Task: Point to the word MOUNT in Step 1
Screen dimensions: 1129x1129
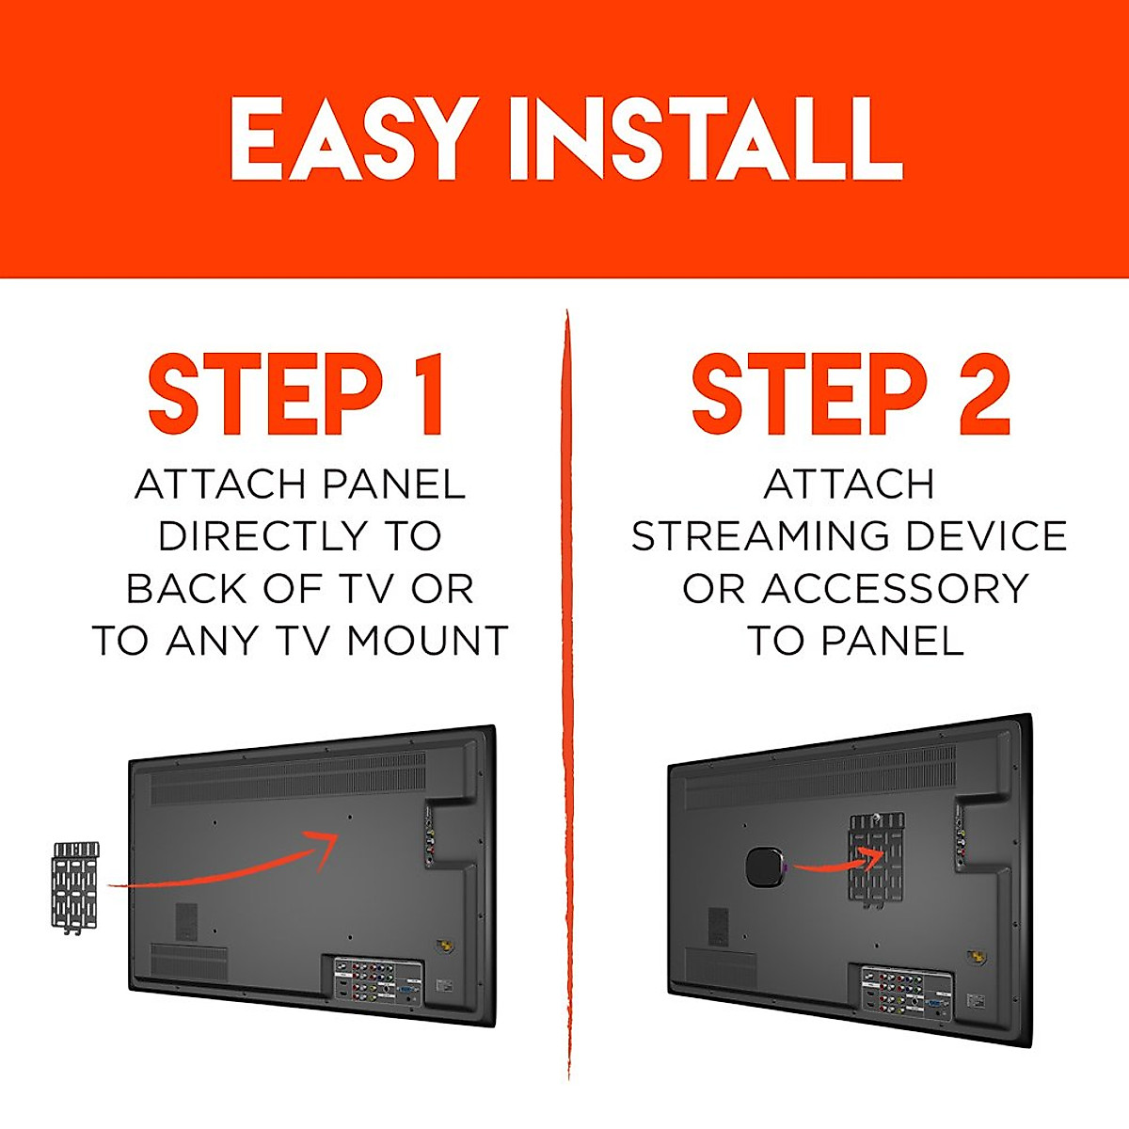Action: click(x=428, y=642)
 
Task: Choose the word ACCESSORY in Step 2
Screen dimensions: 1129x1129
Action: click(x=896, y=589)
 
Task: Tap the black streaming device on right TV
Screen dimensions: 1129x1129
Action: click(x=764, y=867)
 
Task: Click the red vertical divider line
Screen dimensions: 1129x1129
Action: click(x=567, y=696)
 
